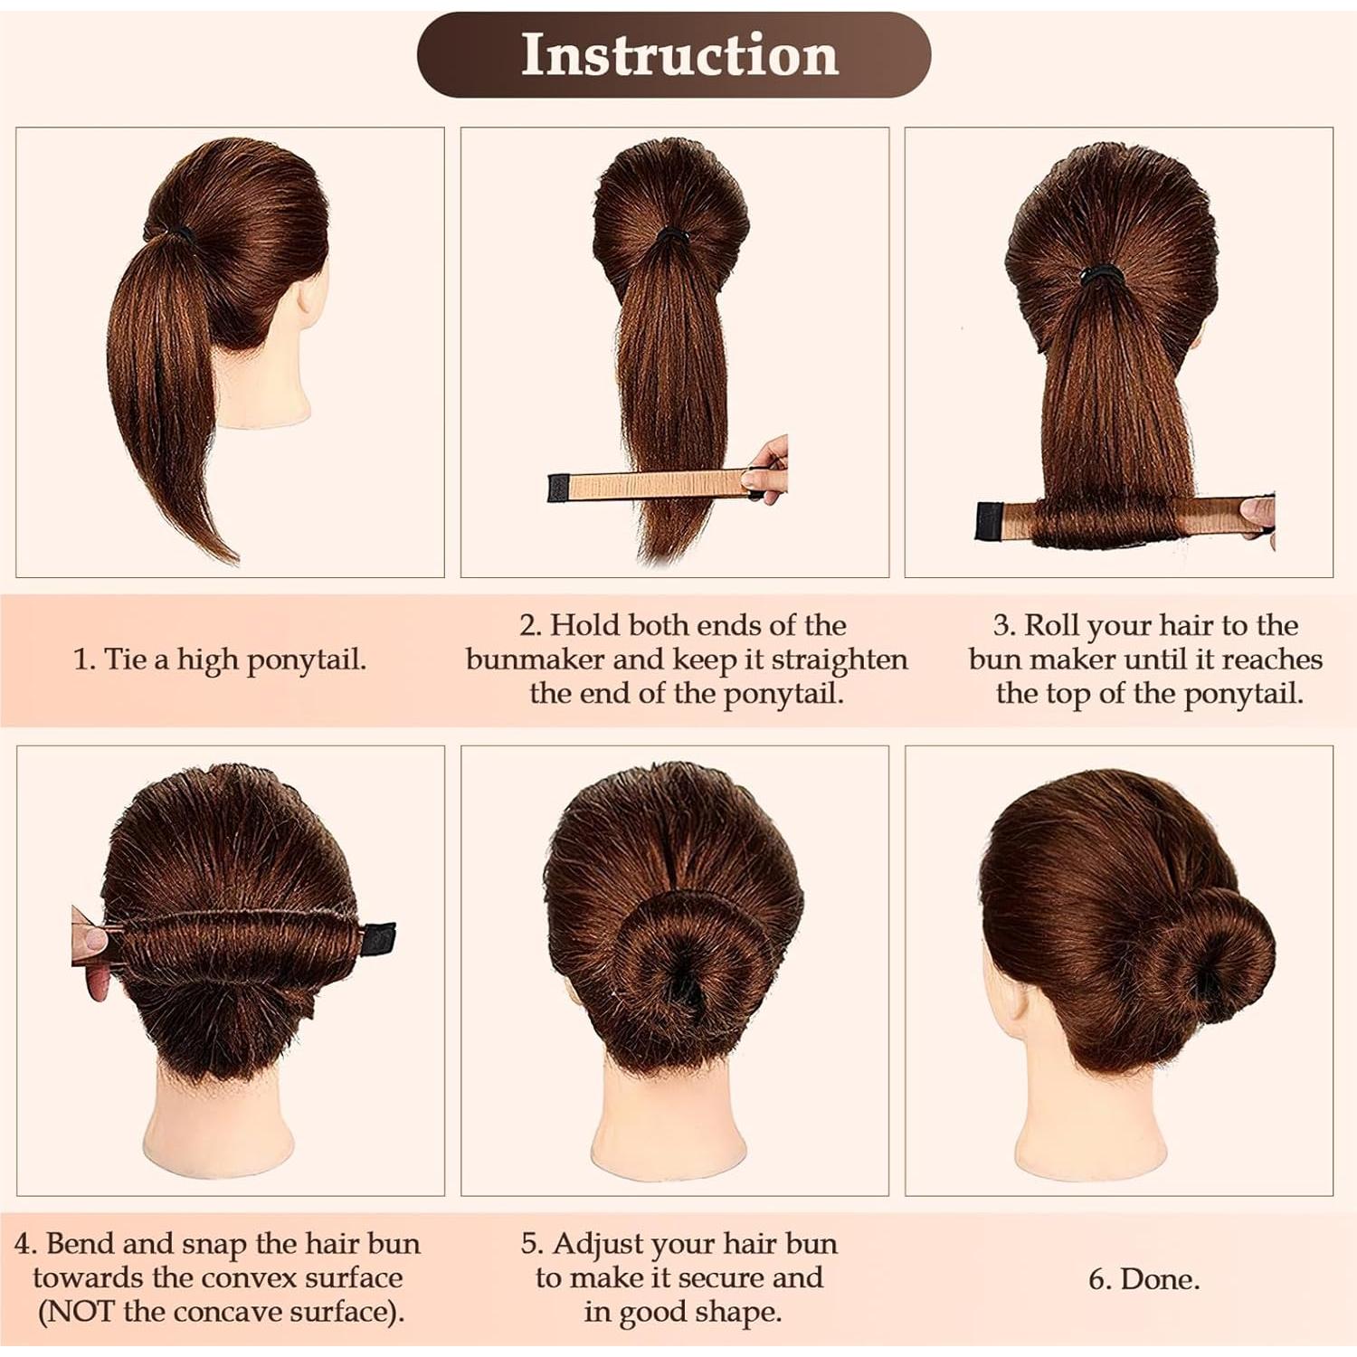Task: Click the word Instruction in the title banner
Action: [679, 55]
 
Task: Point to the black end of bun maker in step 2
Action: [557, 489]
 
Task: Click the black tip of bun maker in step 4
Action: [377, 938]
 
